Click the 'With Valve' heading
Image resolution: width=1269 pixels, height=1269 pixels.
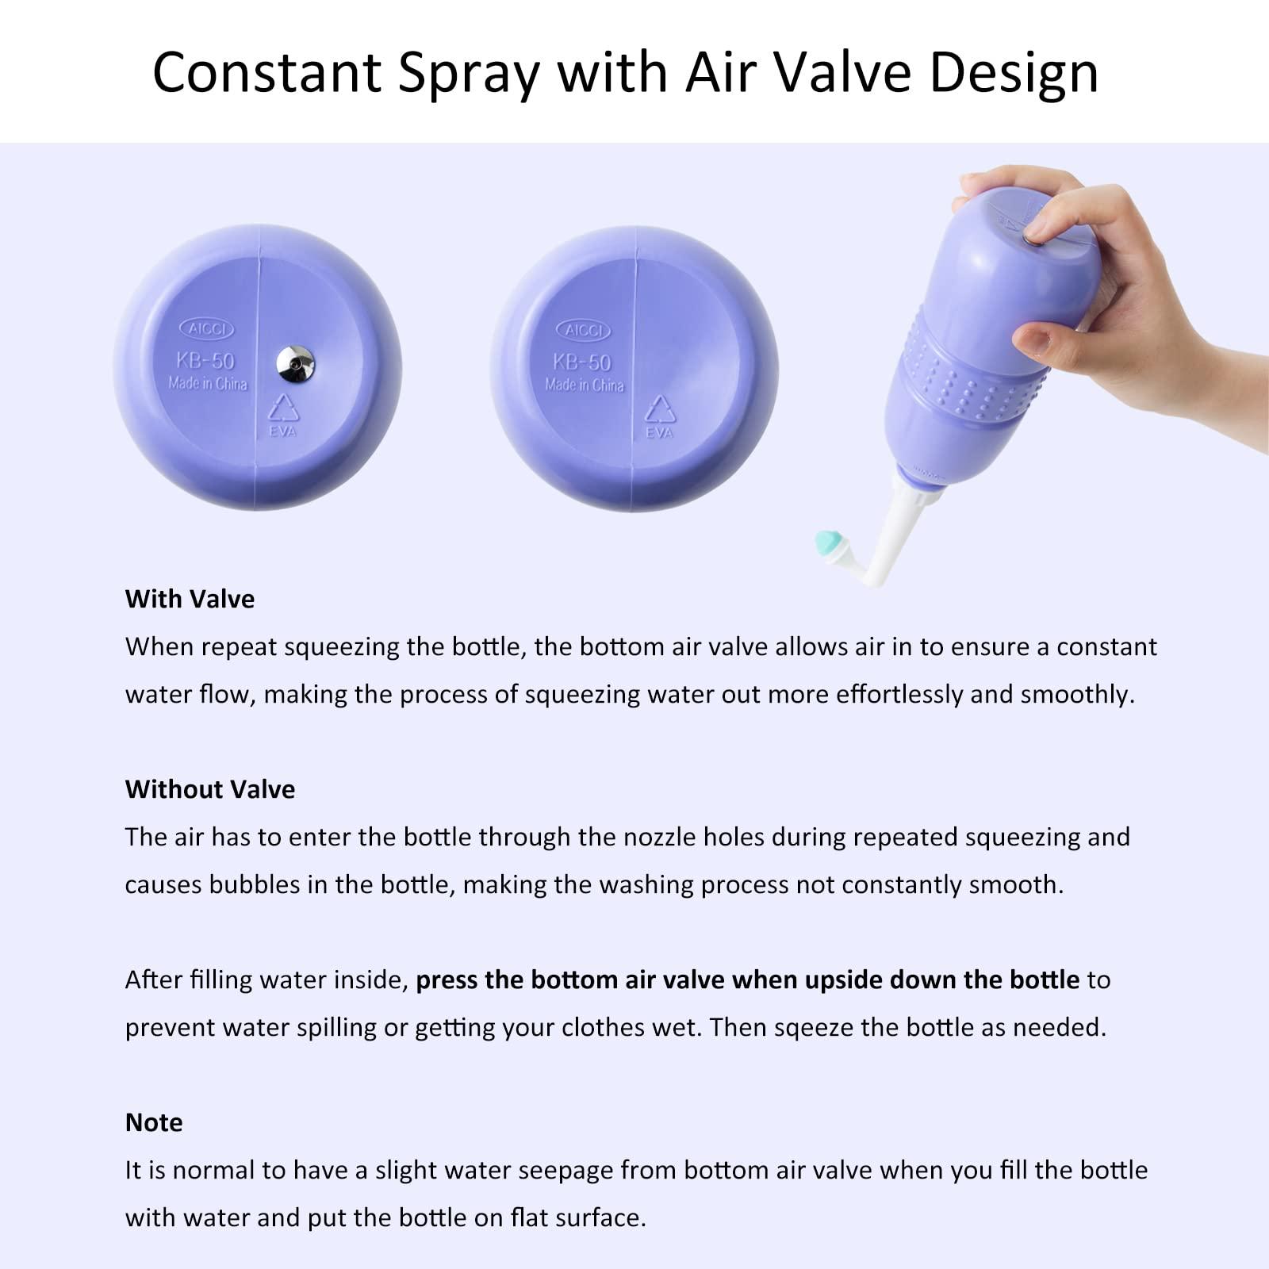pyautogui.click(x=190, y=599)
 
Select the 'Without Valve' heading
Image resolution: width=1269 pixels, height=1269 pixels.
pyautogui.click(x=210, y=789)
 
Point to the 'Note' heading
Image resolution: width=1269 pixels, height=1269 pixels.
pyautogui.click(x=154, y=1122)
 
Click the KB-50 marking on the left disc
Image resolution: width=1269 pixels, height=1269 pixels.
pyautogui.click(x=205, y=361)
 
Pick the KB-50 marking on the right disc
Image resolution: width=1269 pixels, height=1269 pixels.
pyautogui.click(x=582, y=362)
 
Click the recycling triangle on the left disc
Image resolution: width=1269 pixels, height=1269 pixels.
pyautogui.click(x=283, y=408)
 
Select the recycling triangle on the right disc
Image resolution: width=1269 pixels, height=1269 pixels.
pyautogui.click(x=660, y=409)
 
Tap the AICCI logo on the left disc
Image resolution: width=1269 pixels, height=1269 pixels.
pyautogui.click(x=207, y=328)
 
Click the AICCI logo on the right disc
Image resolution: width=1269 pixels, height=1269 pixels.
pyautogui.click(x=584, y=330)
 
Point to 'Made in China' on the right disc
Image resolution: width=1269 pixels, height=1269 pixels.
pyautogui.click(x=585, y=385)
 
